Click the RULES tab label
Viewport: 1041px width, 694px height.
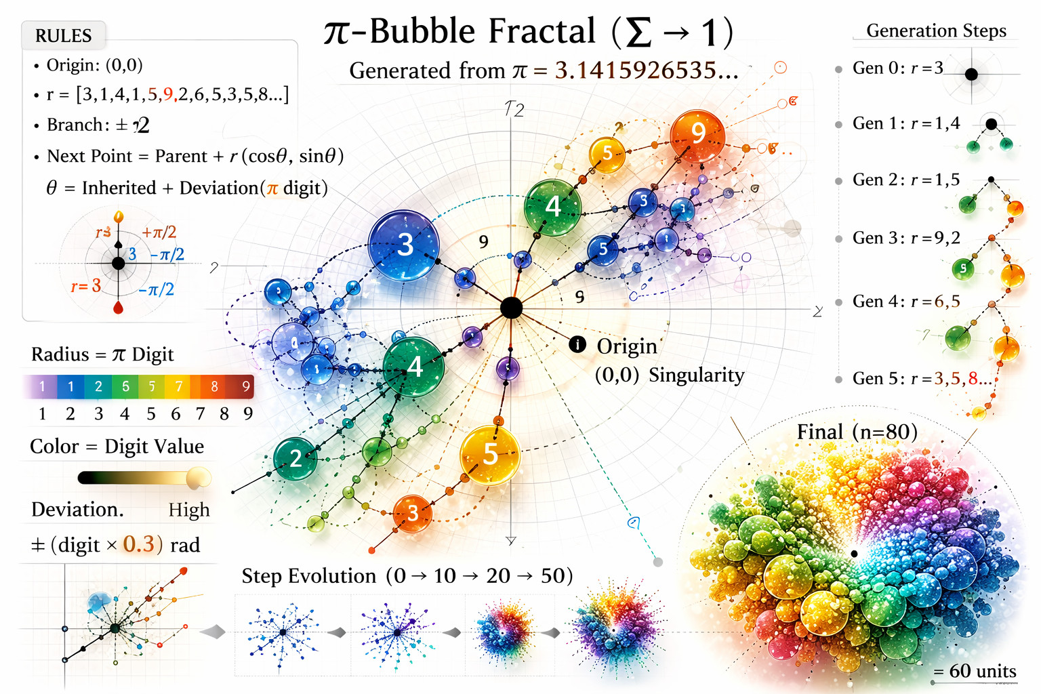pyautogui.click(x=63, y=35)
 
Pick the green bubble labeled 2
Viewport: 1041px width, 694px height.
pyautogui.click(x=295, y=458)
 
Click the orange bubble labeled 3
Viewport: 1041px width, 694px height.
pyautogui.click(x=412, y=513)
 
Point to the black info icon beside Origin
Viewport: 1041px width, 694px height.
pyautogui.click(x=577, y=344)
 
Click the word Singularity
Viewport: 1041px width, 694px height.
pyautogui.click(x=696, y=375)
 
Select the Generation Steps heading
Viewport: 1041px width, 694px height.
pyautogui.click(x=936, y=30)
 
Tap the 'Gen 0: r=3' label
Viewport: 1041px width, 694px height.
pyautogui.click(x=897, y=68)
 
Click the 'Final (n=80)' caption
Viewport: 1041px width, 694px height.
pyautogui.click(x=857, y=432)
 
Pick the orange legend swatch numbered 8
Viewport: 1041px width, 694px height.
pyautogui.click(x=214, y=386)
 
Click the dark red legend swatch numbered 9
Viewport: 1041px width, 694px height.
pyautogui.click(x=245, y=386)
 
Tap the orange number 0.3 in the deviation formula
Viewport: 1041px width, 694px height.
pyautogui.click(x=139, y=544)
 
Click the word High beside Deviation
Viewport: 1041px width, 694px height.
pyautogui.click(x=189, y=510)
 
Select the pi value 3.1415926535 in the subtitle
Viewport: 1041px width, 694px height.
pyautogui.click(x=645, y=70)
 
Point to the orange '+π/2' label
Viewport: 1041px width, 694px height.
pyautogui.click(x=159, y=232)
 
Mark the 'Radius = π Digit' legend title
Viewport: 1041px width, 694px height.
pyautogui.click(x=102, y=354)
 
